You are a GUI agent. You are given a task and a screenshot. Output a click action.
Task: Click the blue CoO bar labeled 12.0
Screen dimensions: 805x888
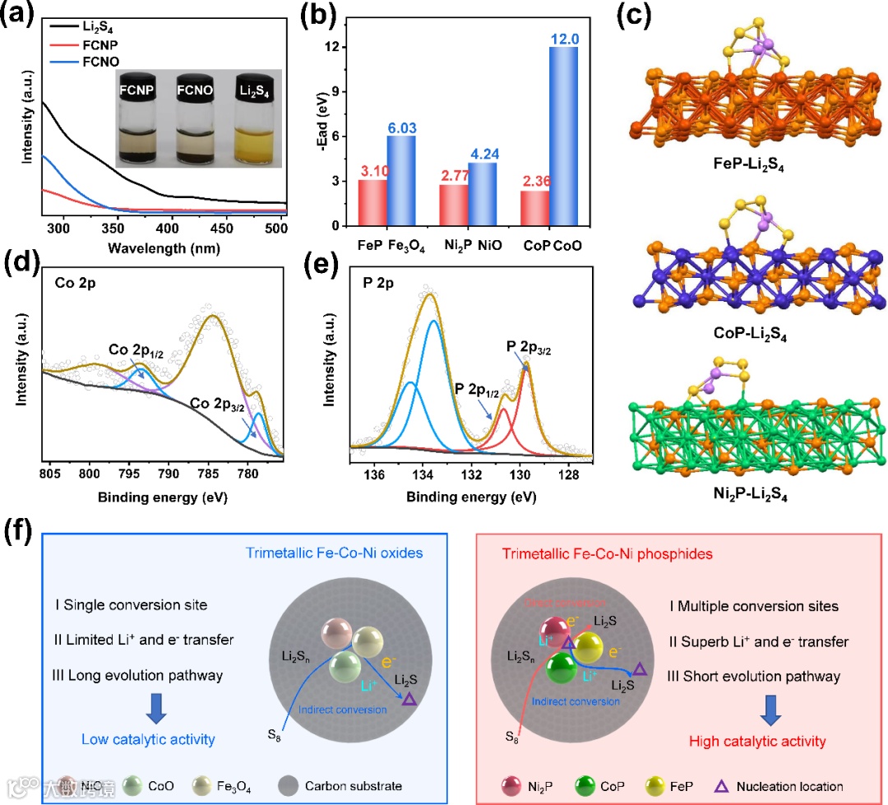[563, 136]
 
